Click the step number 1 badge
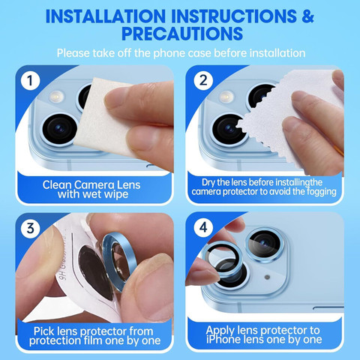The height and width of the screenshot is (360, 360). click(30, 80)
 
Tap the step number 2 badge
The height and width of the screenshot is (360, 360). click(203, 80)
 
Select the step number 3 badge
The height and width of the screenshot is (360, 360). click(30, 228)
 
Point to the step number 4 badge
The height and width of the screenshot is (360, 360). click(203, 227)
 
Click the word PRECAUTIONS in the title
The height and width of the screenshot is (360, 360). click(182, 33)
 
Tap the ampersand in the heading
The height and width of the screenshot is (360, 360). click(307, 16)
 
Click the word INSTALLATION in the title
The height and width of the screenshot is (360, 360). click(106, 16)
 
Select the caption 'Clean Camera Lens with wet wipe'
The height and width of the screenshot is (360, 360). click(91, 190)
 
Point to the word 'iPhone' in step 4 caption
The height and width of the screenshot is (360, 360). click(220, 340)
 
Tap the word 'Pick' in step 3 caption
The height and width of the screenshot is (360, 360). click(43, 331)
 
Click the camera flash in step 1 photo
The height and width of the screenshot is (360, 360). click(57, 97)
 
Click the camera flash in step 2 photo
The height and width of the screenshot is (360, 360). click(226, 96)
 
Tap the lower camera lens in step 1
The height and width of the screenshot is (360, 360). click(59, 129)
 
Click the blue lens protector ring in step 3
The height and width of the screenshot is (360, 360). click(118, 262)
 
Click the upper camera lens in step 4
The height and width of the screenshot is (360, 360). click(265, 244)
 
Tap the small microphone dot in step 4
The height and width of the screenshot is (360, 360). click(267, 277)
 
